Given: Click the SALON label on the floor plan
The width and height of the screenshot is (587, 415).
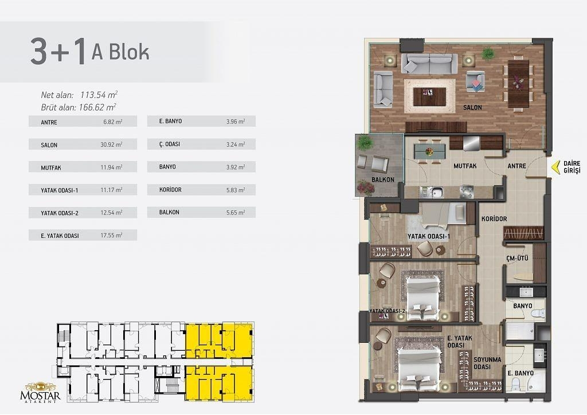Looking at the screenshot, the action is pyautogui.click(x=472, y=107).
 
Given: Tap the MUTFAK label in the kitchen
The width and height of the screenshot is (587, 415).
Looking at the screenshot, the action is pyautogui.click(x=465, y=166).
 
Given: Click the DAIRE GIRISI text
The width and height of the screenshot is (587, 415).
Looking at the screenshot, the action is pyautogui.click(x=572, y=167).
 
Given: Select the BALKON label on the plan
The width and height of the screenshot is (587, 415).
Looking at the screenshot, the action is pyautogui.click(x=382, y=179).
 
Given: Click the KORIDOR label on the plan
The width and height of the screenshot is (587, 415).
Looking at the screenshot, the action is pyautogui.click(x=494, y=218).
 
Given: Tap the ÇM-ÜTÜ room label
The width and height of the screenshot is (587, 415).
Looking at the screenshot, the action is pyautogui.click(x=517, y=258).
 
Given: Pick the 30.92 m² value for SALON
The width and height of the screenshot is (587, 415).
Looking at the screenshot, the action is pyautogui.click(x=111, y=144).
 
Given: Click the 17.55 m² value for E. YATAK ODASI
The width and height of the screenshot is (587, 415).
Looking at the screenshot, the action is pyautogui.click(x=111, y=236).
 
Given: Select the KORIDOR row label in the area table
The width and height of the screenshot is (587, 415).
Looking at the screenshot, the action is pyautogui.click(x=170, y=190).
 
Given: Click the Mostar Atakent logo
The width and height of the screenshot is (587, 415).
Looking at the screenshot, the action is pyautogui.click(x=40, y=392).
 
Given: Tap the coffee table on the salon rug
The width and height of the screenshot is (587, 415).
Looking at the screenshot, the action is pyautogui.click(x=429, y=96).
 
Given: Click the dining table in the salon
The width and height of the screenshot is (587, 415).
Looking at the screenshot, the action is pyautogui.click(x=518, y=84).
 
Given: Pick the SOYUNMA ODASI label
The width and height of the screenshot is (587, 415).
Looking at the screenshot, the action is pyautogui.click(x=487, y=363).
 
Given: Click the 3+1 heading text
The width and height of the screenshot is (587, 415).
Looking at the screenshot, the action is pyautogui.click(x=58, y=52).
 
